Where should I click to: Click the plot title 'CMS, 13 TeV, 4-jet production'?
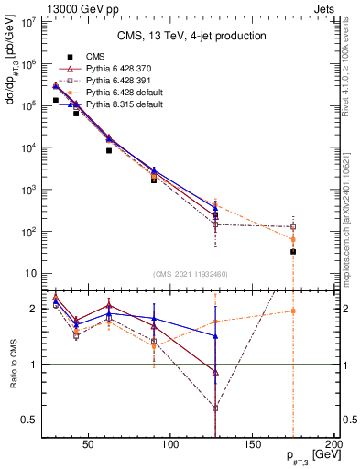click(191, 36)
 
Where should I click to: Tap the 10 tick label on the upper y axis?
click(31, 274)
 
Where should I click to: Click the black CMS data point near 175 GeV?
click(293, 251)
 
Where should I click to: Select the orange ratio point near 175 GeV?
click(293, 311)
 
